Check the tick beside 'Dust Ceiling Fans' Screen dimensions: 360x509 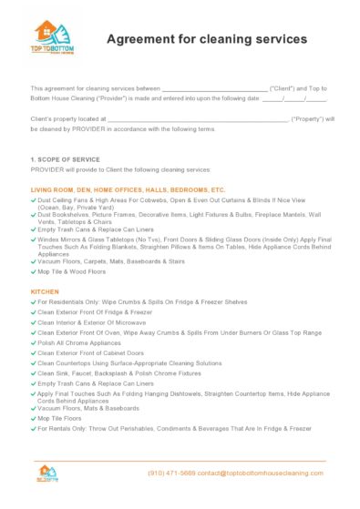click(x=34, y=198)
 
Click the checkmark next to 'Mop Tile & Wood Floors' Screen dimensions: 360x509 click(x=34, y=271)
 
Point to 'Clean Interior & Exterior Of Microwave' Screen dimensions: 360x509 click(x=99, y=322)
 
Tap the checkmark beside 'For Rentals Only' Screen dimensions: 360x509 click(x=34, y=428)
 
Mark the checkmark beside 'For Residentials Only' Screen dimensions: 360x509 click(x=34, y=301)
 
